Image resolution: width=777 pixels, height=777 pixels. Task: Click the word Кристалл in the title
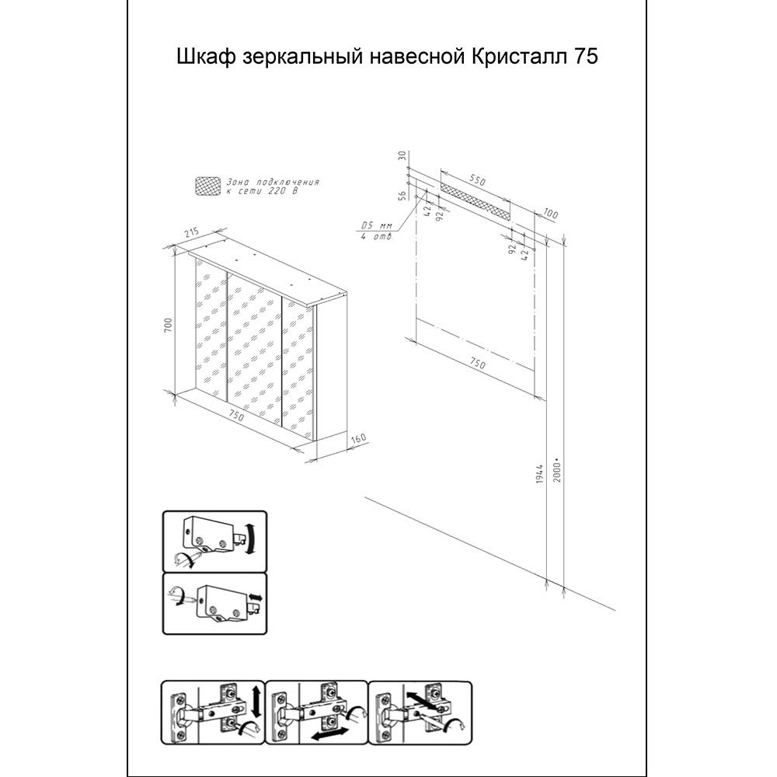click(521, 57)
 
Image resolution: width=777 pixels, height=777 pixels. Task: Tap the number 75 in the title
click(586, 57)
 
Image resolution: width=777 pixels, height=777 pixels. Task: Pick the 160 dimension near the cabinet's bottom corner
click(357, 440)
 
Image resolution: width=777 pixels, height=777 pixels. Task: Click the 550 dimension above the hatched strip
click(475, 179)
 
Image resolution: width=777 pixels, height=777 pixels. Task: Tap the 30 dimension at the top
click(402, 155)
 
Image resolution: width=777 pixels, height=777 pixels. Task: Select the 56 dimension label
click(402, 196)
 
